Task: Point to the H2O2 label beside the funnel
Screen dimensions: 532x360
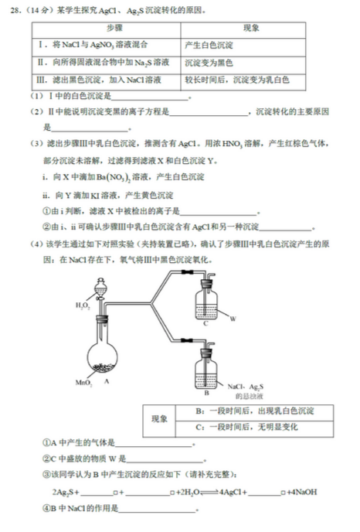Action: pos(83,306)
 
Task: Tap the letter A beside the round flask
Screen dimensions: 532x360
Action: pos(104,382)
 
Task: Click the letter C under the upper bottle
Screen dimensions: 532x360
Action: pos(205,325)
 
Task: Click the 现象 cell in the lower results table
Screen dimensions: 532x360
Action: pos(159,418)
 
